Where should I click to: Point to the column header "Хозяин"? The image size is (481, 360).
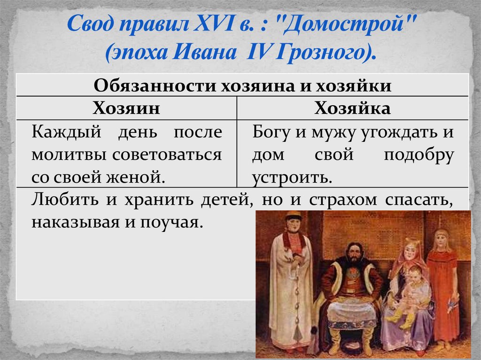(x=126, y=108)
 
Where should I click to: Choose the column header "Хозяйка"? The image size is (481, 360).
(x=352, y=108)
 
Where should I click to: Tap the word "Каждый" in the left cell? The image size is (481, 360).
(x=61, y=132)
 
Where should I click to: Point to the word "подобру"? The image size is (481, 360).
(x=419, y=154)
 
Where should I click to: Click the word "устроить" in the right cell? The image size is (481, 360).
(x=292, y=177)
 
